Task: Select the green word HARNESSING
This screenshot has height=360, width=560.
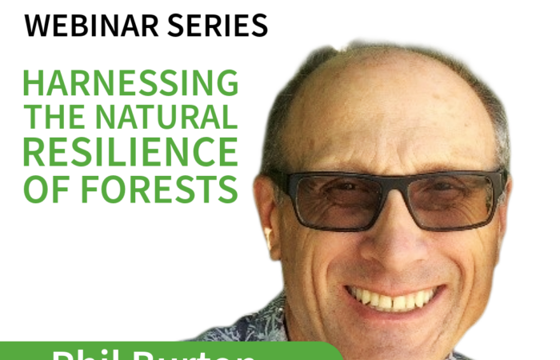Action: (130, 83)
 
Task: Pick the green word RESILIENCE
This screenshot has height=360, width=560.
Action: (130, 153)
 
